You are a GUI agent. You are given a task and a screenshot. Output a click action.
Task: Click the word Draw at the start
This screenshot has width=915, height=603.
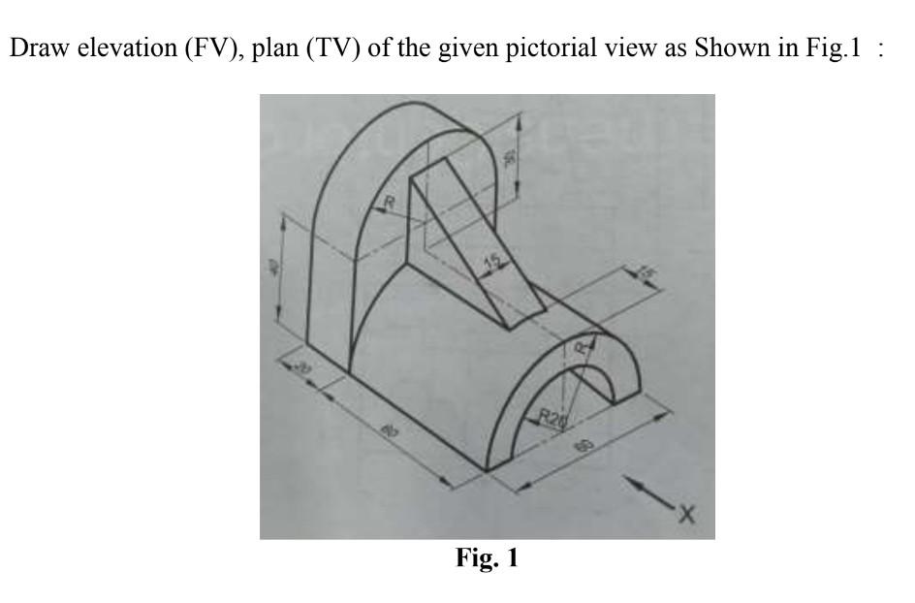(x=30, y=50)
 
